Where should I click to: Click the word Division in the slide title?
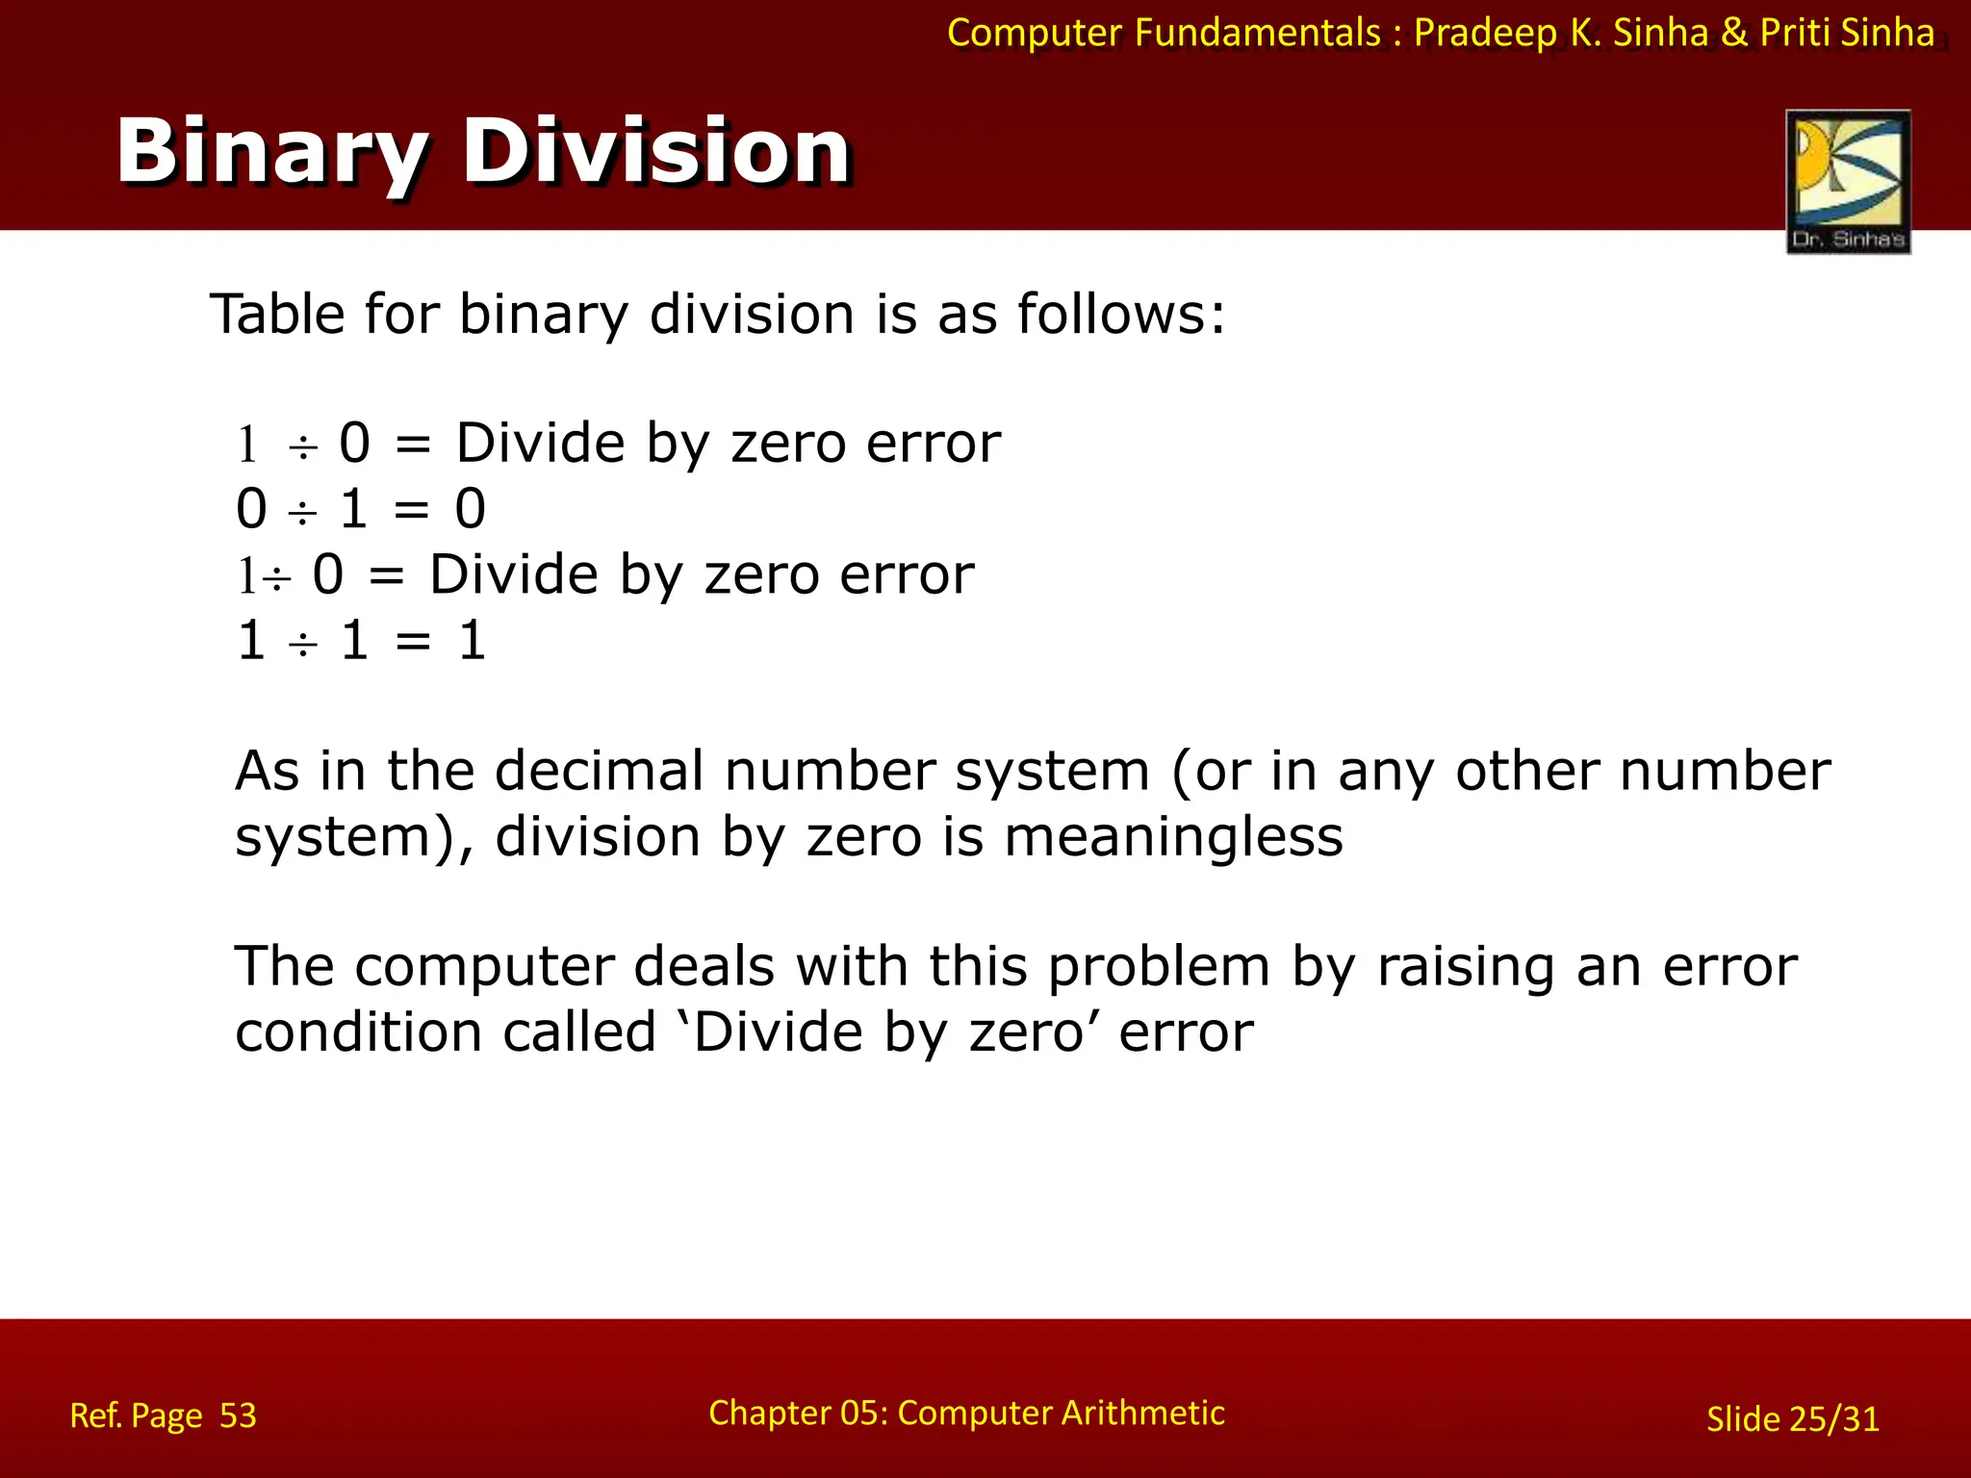656,152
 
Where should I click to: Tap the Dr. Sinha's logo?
1848,181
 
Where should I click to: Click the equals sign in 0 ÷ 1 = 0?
412,510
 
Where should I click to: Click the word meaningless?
1173,836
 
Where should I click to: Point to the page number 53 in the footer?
238,1415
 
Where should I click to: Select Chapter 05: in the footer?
798,1413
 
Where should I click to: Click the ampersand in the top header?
1733,33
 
